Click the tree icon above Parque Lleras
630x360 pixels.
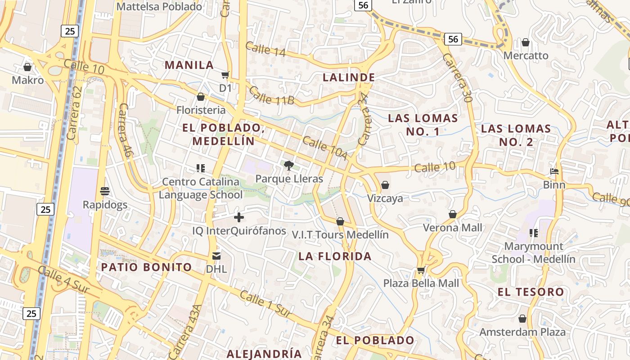pos(288,166)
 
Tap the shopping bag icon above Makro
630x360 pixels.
pos(27,67)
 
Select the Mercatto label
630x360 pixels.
pos(526,56)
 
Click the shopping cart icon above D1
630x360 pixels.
pos(225,75)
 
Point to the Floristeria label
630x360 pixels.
pos(201,110)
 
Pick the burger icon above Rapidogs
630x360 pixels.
pos(105,191)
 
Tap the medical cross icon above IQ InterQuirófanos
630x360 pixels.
pos(239,218)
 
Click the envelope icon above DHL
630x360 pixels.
pos(216,256)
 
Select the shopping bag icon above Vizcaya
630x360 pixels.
pos(385,185)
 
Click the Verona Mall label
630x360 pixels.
pos(452,228)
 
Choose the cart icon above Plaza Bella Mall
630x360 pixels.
pos(421,270)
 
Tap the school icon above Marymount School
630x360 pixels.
pos(534,233)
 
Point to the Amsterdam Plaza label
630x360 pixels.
pos(522,332)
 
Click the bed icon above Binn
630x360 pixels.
pos(554,171)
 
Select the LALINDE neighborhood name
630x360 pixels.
pos(349,77)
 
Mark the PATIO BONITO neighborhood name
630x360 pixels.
pos(146,267)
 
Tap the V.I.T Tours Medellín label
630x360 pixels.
pos(340,234)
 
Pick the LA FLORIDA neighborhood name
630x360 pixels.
pos(335,256)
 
